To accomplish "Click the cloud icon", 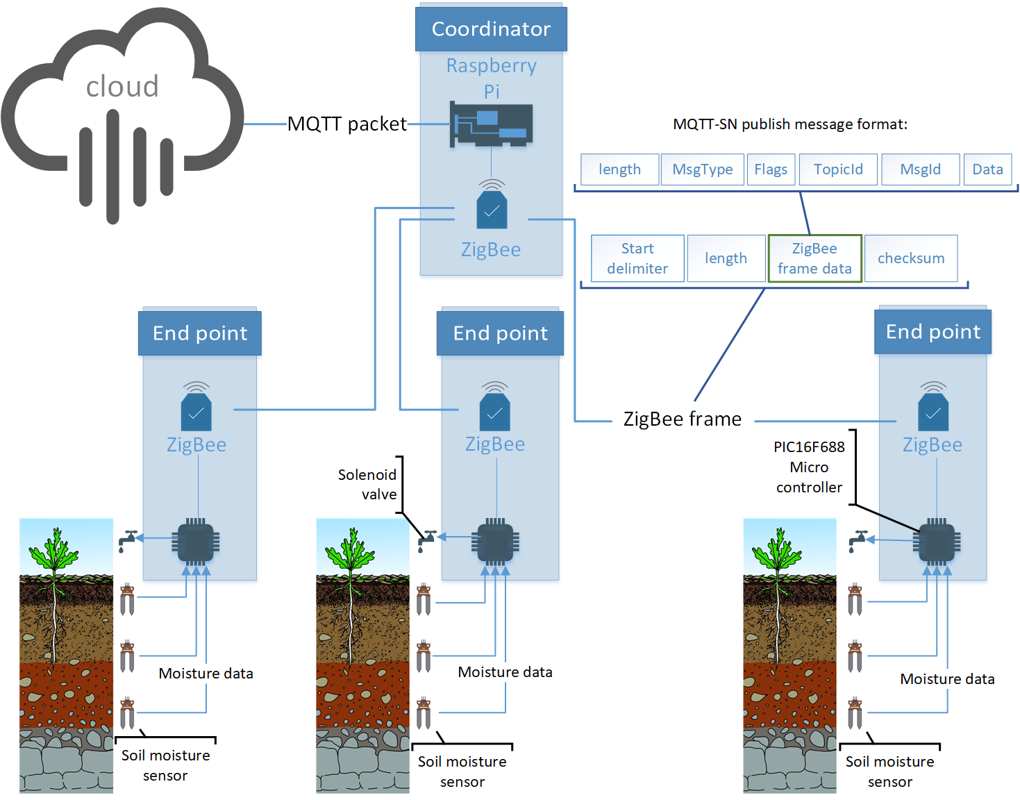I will pyautogui.click(x=123, y=118).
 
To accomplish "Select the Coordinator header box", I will pyautogui.click(x=491, y=29).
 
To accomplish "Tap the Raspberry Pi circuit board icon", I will pyautogui.click(x=492, y=125).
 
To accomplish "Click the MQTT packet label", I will pyautogui.click(x=347, y=124).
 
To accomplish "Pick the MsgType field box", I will pyautogui.click(x=702, y=169).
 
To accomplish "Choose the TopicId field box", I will pyautogui.click(x=838, y=169).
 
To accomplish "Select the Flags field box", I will pyautogui.click(x=771, y=169).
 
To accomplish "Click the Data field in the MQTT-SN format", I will pyautogui.click(x=987, y=169).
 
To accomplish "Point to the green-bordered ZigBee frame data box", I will pyautogui.click(x=814, y=258).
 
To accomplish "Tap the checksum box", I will pyautogui.click(x=911, y=258).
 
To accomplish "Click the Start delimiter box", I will pyautogui.click(x=637, y=258).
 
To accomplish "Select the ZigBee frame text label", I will pyautogui.click(x=683, y=419).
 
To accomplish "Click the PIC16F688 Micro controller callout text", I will pyautogui.click(x=809, y=467).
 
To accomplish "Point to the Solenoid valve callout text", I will pyautogui.click(x=368, y=484).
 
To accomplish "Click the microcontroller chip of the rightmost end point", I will pyautogui.click(x=937, y=542).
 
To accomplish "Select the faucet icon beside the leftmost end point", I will pyautogui.click(x=128, y=540).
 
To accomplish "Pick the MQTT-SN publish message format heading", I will pyautogui.click(x=790, y=124).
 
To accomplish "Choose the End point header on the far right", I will pyautogui.click(x=933, y=332).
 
